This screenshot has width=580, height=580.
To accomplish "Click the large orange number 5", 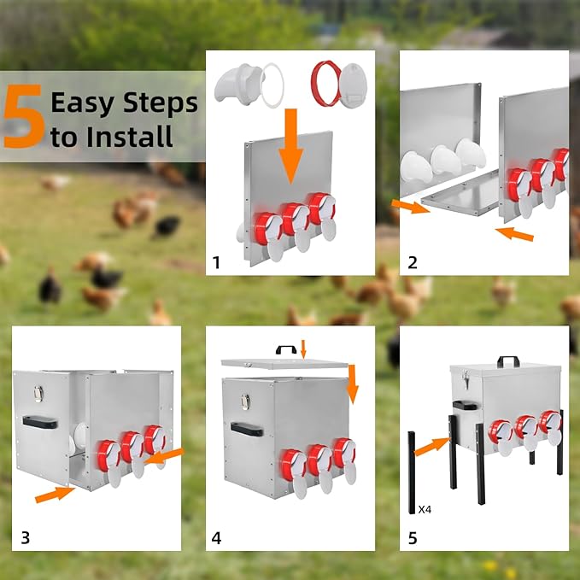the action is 24,116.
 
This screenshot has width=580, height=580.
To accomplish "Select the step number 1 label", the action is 216,262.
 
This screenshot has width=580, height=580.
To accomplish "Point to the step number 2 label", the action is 413,262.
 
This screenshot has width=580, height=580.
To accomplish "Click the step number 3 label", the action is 25,537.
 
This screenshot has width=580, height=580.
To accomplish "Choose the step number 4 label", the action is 216,537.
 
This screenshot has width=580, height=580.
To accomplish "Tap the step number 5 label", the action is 413,537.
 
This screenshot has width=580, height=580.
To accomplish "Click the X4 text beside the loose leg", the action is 425,509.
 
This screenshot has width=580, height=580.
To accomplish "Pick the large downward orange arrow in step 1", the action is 291,146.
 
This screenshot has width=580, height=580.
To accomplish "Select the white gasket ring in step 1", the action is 272,85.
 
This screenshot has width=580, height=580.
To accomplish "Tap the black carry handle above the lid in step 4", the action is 286,349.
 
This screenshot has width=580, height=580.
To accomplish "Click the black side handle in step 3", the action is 40,422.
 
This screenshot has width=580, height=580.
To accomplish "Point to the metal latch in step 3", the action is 38,394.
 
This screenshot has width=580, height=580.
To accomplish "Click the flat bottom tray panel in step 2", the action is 461,193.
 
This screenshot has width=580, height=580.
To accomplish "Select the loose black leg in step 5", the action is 412,472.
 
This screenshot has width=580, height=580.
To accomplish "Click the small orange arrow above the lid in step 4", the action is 303,349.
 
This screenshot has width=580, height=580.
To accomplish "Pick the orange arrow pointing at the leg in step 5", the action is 431,446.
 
